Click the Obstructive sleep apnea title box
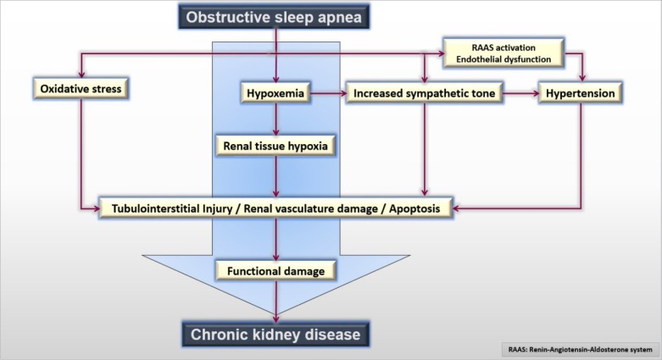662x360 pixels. (x=274, y=17)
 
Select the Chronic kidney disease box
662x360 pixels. (x=275, y=335)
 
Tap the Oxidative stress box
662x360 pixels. (x=81, y=89)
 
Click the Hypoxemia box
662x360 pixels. (x=275, y=93)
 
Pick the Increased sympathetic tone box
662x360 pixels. (x=425, y=93)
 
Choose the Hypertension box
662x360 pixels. (x=581, y=93)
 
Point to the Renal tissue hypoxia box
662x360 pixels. (x=275, y=146)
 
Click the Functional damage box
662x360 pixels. (x=275, y=271)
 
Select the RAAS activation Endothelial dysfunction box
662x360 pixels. (x=503, y=53)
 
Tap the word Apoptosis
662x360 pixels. (x=414, y=208)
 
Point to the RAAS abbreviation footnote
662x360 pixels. (x=581, y=350)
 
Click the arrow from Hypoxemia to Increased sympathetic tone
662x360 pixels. (x=328, y=93)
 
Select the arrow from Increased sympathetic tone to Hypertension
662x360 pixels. (x=521, y=93)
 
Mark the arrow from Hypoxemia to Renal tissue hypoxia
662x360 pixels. (x=275, y=119)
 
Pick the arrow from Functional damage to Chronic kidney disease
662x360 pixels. (x=275, y=302)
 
